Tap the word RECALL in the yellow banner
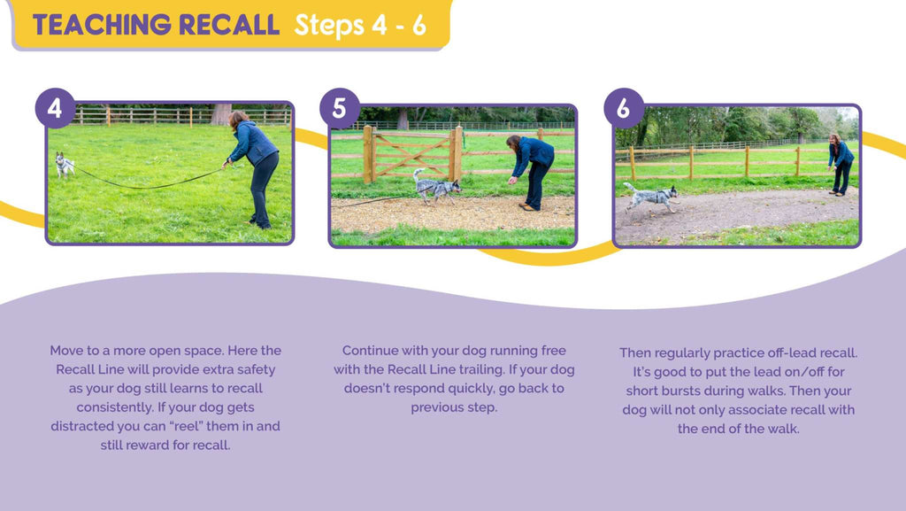point(229,25)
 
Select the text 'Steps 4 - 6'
point(360,25)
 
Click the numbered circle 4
point(55,108)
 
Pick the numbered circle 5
point(339,108)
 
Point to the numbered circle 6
point(624,108)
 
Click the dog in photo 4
point(64,165)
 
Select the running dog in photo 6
point(651,197)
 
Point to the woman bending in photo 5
point(531,172)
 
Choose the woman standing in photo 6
point(840,165)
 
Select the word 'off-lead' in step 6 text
point(787,352)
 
